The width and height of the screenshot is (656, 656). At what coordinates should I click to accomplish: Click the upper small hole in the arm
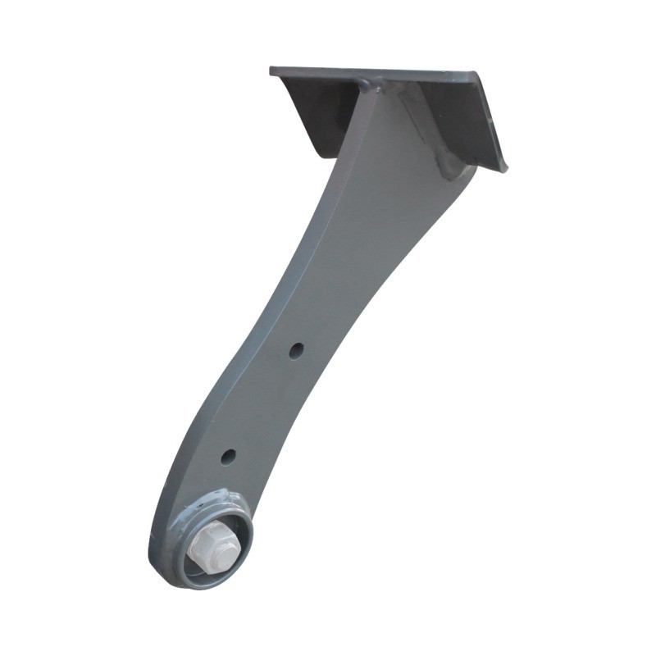click(296, 349)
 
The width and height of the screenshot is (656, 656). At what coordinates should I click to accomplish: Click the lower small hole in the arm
click(228, 456)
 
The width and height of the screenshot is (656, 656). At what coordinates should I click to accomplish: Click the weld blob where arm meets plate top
click(365, 84)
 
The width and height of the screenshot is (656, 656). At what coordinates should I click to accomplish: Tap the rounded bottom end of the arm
click(164, 566)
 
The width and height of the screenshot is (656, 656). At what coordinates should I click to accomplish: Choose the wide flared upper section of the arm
click(385, 189)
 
